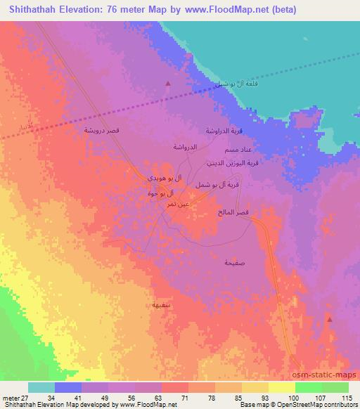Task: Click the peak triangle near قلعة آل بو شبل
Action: (x=167, y=84)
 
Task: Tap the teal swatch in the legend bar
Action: (x=41, y=387)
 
